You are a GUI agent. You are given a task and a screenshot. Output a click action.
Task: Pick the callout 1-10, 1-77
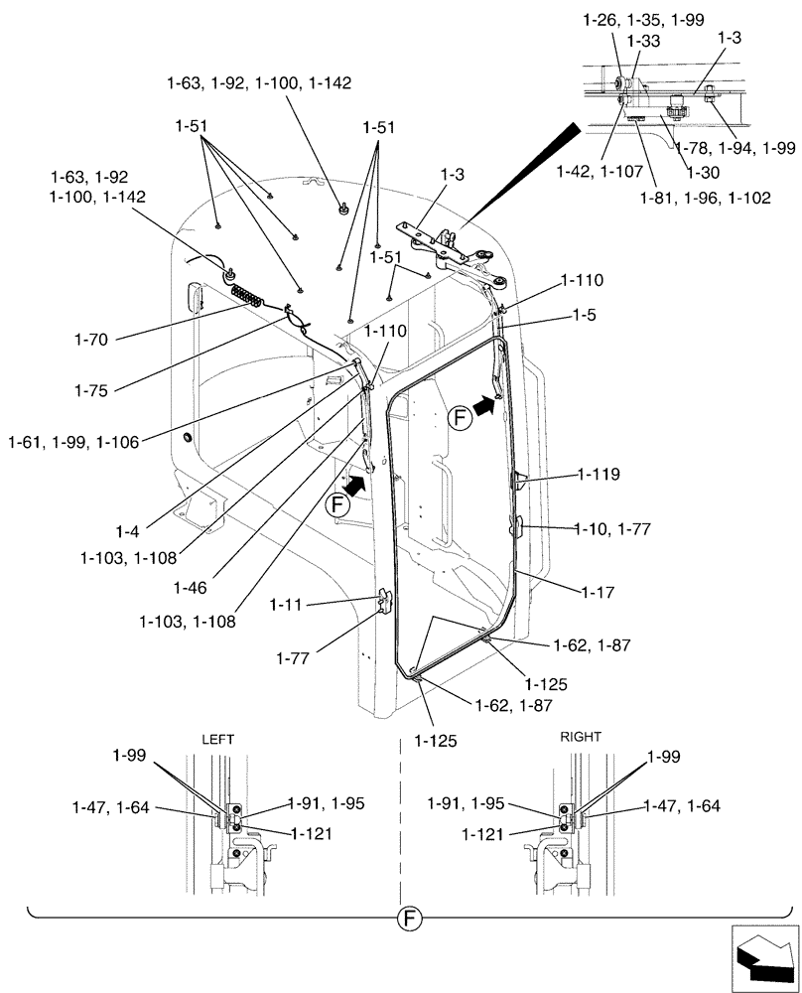click(612, 530)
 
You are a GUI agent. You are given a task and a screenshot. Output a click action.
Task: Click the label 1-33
click(650, 42)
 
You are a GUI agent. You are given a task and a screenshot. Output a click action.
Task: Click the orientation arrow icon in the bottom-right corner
click(763, 956)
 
